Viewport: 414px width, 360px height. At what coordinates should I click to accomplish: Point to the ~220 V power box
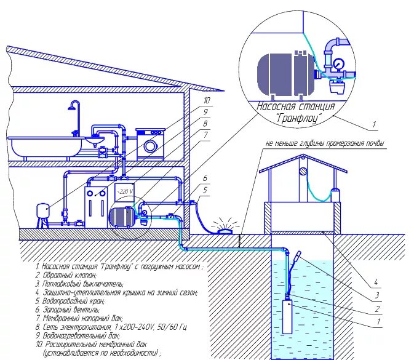pyautogui.click(x=125, y=191)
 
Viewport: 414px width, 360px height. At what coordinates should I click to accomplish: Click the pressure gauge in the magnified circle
pyautogui.click(x=339, y=63)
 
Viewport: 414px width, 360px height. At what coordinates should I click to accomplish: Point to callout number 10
pyautogui.click(x=207, y=100)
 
